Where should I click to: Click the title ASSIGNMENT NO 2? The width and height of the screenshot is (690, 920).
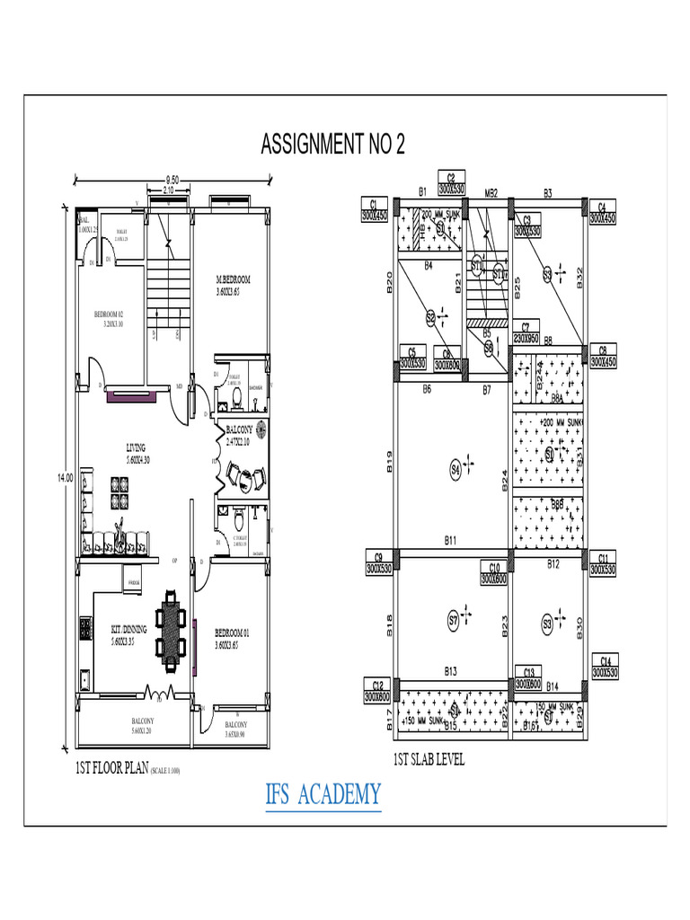(x=332, y=145)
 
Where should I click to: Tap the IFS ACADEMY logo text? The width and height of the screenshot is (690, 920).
(x=323, y=794)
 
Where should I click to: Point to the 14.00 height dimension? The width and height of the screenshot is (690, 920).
(x=66, y=478)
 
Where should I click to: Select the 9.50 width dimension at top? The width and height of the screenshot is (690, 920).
(x=172, y=181)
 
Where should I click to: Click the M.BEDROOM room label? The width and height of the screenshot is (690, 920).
(x=233, y=286)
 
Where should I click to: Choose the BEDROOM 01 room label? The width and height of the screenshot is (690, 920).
(x=232, y=639)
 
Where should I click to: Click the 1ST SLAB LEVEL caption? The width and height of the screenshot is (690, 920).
(x=429, y=760)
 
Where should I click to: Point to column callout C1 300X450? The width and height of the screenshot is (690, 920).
(x=373, y=210)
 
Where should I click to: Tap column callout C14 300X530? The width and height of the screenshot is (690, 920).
(x=606, y=666)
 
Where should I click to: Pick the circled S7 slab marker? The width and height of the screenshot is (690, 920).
(x=454, y=620)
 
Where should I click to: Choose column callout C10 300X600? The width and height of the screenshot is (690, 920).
(x=494, y=573)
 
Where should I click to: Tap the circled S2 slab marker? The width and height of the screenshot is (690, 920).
(x=431, y=316)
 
